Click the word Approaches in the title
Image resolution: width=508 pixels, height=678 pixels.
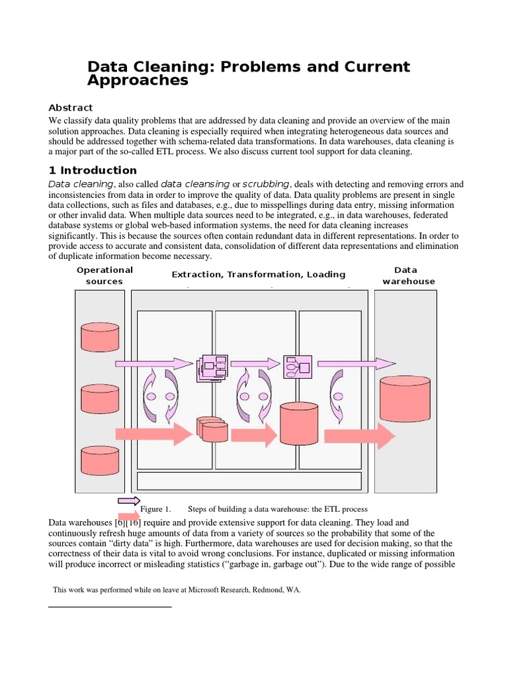tap(138, 81)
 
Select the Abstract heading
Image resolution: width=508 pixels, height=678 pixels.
tap(71, 107)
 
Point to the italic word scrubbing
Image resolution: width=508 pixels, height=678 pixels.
tap(266, 183)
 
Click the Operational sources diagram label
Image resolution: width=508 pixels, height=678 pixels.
tap(105, 275)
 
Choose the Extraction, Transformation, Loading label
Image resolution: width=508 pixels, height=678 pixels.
tap(259, 274)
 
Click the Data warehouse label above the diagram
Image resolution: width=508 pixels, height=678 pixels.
tap(408, 275)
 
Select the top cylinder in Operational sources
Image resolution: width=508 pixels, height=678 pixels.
tap(100, 336)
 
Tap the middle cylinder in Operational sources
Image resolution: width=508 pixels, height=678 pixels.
tap(100, 399)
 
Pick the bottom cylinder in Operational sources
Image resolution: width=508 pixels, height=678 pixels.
tap(100, 460)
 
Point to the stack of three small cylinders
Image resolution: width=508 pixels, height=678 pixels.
tap(212, 429)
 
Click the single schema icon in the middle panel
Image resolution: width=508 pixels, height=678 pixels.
tap(298, 366)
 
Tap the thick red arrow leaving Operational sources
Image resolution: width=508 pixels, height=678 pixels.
tap(153, 435)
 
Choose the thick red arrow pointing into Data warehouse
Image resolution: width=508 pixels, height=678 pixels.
tap(359, 436)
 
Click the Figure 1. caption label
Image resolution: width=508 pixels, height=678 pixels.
tap(155, 509)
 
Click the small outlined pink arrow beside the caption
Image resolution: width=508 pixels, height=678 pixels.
tap(128, 501)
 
